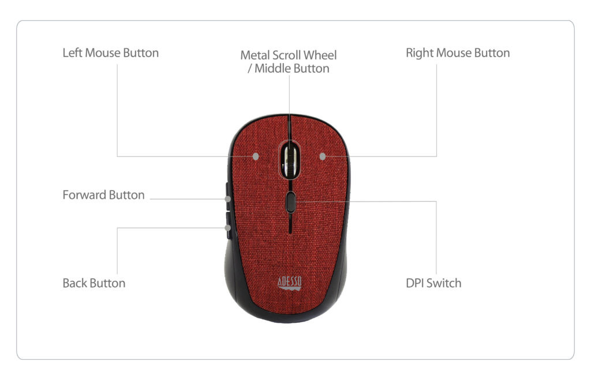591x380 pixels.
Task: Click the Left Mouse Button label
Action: pos(110,53)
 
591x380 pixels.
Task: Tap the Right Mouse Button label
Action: pos(458,53)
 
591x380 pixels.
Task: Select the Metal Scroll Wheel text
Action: pos(289,55)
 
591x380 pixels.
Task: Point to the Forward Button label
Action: pos(104,195)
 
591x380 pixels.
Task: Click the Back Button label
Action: pos(94,283)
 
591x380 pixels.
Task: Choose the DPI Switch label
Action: pos(433,283)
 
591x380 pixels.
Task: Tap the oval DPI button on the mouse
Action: pos(290,202)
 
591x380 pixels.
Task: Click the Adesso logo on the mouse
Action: pos(290,283)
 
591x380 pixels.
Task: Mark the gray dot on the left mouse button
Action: pos(256,156)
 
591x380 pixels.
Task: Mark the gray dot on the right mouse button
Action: pos(322,156)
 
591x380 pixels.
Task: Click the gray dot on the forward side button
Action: pos(227,199)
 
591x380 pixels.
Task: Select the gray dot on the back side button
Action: pos(227,228)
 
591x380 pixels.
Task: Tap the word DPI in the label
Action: pos(414,283)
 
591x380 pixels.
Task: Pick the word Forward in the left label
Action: pos(84,195)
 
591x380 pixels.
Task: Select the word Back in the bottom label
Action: pos(74,283)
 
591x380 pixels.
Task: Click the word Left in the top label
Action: pos(72,53)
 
